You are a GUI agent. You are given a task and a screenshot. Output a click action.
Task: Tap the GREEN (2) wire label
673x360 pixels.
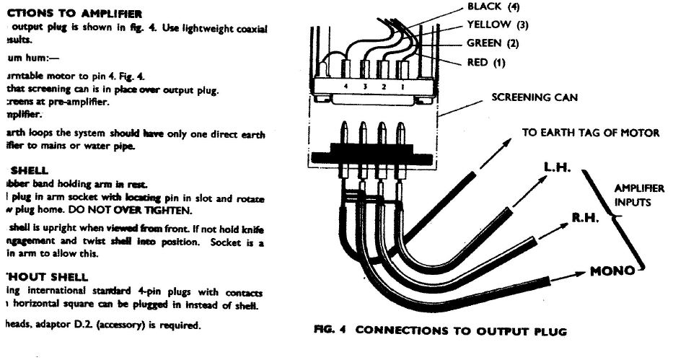click(x=493, y=44)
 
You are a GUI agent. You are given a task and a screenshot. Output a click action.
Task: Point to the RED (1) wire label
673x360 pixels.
click(x=487, y=63)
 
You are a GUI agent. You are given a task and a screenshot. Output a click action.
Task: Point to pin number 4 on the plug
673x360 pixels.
click(x=348, y=87)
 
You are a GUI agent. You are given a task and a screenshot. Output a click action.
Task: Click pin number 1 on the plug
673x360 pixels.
click(x=403, y=87)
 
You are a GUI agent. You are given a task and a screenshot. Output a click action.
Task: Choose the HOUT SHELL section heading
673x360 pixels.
click(x=46, y=276)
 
